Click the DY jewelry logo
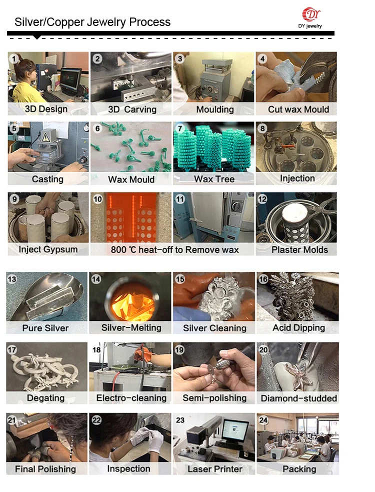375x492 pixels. coord(310,18)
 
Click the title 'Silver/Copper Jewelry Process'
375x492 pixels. coord(92,22)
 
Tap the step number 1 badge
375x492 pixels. coord(14,59)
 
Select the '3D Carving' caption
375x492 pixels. coord(132,109)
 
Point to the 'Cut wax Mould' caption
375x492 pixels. coord(298,109)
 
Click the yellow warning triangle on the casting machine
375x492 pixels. coord(46,137)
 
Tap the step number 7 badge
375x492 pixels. coord(180,129)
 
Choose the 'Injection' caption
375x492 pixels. coord(297,178)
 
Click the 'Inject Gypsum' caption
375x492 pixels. coord(48,249)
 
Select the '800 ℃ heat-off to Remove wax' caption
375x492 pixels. coord(174,250)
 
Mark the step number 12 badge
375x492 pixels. coord(262,199)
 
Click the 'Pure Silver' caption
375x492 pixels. coord(45,328)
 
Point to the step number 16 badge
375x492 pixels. coord(263,279)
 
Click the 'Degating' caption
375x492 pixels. coord(46,398)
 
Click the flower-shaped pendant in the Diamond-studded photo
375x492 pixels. coord(299,374)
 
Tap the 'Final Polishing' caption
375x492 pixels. coord(45,469)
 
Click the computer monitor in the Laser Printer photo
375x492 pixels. coord(235,429)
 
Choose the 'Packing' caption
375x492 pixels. coord(299,469)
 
